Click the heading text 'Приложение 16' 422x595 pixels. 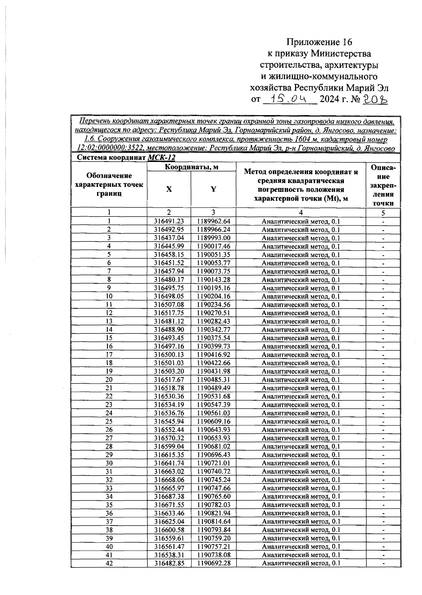319,43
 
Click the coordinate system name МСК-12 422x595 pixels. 161,158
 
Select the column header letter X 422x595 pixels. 169,189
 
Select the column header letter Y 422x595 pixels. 213,189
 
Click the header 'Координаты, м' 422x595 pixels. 192,167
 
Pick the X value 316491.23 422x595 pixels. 169,221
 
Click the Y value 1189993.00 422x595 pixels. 213,238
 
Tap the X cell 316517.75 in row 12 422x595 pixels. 169,313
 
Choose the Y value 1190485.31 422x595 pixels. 213,380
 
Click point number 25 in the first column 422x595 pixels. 109,421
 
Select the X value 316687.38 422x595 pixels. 169,496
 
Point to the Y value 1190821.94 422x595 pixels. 213,513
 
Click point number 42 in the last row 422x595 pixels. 109,563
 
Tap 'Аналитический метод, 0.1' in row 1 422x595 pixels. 301,221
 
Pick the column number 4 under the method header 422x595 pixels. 301,212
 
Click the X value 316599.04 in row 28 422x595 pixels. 169,446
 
